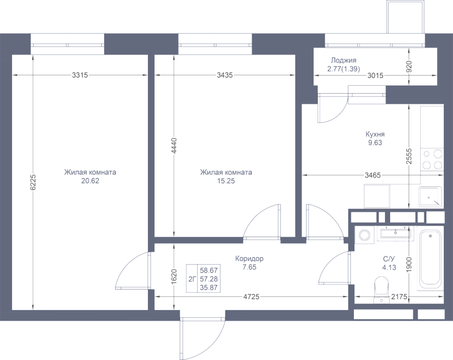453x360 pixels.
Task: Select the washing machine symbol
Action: (x=364, y=235)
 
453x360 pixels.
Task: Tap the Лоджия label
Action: (x=344, y=60)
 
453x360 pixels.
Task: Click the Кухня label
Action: (x=375, y=134)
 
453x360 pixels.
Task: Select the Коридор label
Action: (x=249, y=259)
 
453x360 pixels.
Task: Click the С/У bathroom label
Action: (x=389, y=259)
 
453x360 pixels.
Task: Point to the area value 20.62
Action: (x=90, y=181)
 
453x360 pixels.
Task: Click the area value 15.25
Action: (x=226, y=181)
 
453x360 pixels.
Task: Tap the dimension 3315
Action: (x=80, y=76)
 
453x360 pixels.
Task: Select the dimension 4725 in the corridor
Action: (x=251, y=297)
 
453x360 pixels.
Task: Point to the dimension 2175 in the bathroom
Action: (x=399, y=297)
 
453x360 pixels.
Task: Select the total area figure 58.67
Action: (x=208, y=269)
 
